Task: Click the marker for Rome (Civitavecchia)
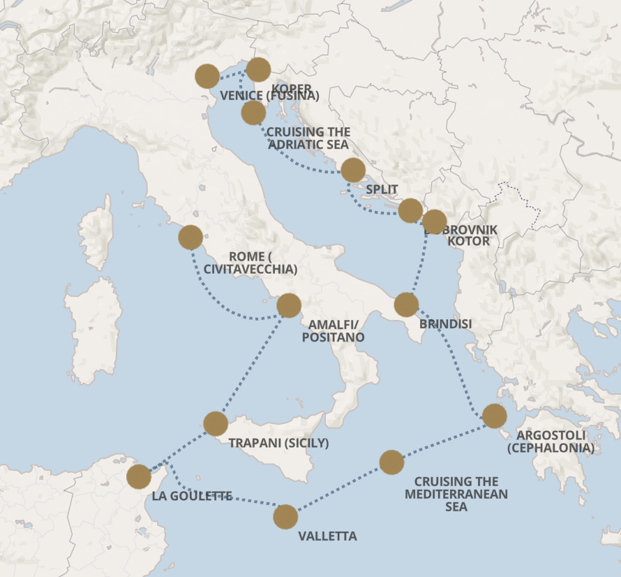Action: (190, 238)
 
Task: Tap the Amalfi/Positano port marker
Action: (289, 305)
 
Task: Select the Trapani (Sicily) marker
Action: (216, 423)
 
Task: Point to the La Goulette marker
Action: (139, 476)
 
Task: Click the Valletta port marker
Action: (285, 516)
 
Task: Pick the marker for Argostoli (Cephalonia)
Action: (494, 416)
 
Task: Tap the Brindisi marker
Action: (406, 305)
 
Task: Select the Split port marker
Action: (353, 170)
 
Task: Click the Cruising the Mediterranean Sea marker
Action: (392, 462)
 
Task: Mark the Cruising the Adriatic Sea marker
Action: (253, 112)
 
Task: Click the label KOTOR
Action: (468, 241)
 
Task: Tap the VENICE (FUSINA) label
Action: (269, 96)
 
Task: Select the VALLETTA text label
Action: (327, 536)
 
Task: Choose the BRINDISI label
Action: (446, 324)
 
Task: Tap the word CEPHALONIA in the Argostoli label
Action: (551, 448)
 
